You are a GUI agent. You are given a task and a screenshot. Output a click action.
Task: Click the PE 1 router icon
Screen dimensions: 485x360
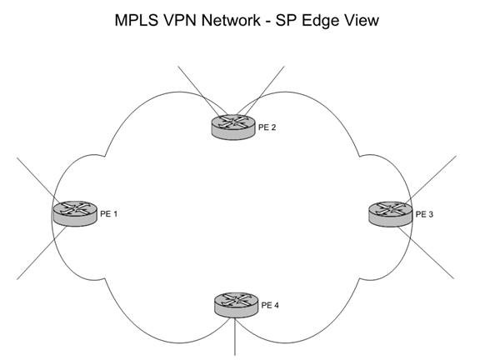click(75, 213)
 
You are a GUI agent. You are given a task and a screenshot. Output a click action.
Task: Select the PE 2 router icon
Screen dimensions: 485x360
click(234, 127)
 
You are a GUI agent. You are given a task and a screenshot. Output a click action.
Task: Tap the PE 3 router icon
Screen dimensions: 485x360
click(390, 214)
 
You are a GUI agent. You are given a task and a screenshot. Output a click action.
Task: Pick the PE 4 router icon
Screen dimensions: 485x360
click(236, 305)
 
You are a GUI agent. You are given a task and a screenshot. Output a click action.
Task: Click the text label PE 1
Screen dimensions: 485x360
click(109, 213)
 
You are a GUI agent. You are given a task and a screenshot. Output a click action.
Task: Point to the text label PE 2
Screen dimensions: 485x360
click(267, 127)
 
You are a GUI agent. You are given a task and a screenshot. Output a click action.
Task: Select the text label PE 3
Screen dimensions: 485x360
click(424, 214)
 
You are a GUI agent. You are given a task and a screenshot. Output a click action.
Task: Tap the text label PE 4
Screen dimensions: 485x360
click(270, 305)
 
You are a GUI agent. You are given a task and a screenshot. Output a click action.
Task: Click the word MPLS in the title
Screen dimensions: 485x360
click(137, 20)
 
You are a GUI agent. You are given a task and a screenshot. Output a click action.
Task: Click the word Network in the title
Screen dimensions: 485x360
click(231, 20)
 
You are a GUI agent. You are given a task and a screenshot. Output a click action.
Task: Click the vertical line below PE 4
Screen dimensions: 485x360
click(235, 337)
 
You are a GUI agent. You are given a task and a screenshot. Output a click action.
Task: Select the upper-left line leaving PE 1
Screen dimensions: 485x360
click(37, 181)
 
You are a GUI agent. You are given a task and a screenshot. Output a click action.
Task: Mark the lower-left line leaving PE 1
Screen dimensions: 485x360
click(42, 253)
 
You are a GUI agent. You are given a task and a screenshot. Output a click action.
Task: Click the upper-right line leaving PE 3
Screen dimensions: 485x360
click(431, 180)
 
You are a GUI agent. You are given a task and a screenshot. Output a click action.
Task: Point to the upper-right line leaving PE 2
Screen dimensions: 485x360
click(261, 91)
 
